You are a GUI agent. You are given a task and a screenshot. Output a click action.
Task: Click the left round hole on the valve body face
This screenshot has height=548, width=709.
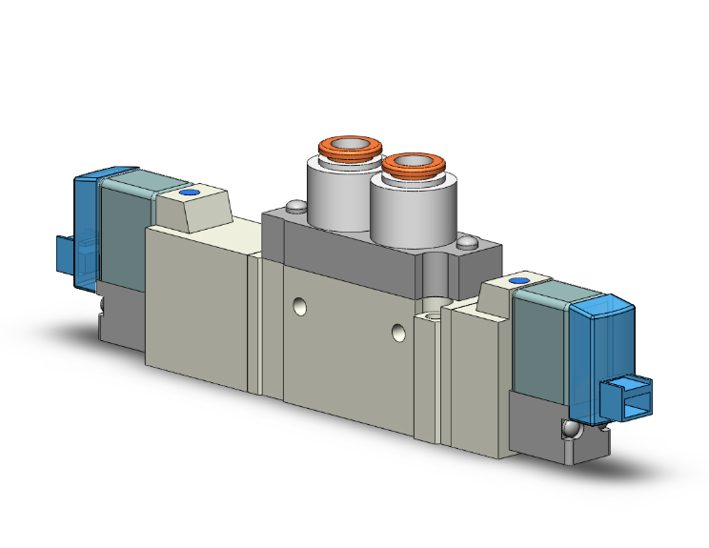(300, 307)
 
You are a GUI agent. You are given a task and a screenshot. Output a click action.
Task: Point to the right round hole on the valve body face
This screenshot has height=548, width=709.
(399, 333)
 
